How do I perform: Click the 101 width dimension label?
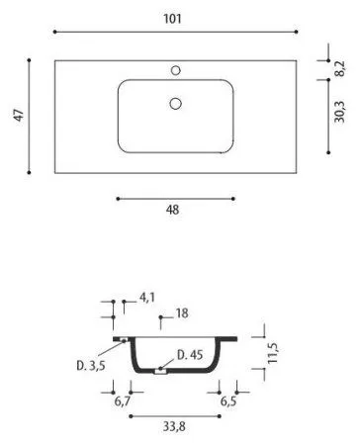[x=175, y=18]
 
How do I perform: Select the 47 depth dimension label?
[x=17, y=115]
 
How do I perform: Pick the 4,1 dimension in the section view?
[x=147, y=296]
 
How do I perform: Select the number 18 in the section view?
[x=181, y=313]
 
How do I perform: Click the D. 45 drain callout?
[x=191, y=355]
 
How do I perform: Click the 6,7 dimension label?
[x=123, y=403]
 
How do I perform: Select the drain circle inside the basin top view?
[x=175, y=103]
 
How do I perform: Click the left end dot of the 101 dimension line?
[x=54, y=33]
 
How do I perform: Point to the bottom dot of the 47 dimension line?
[x=31, y=172]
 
